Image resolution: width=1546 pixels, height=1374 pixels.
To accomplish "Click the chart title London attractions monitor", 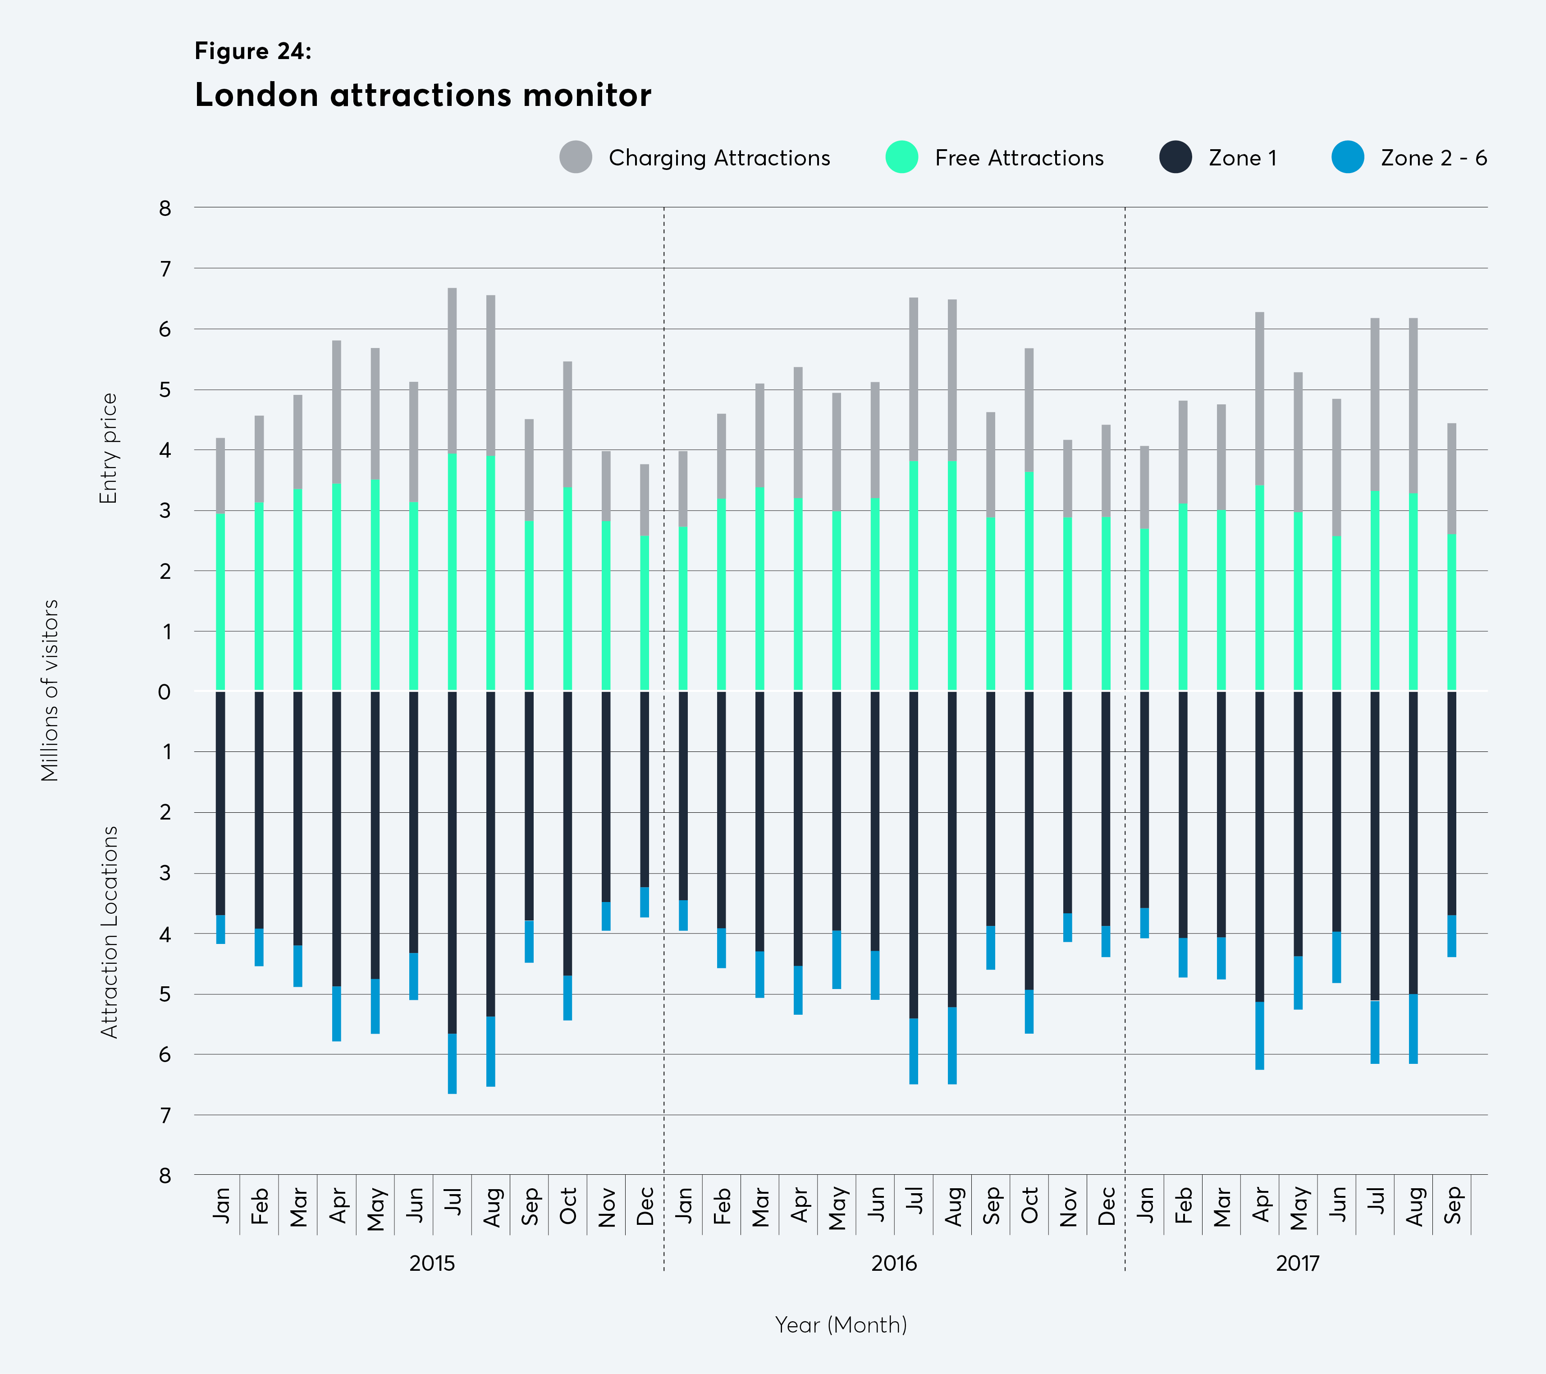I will pyautogui.click(x=423, y=95).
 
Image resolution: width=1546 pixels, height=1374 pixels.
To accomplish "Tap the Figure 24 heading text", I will pyautogui.click(x=252, y=50).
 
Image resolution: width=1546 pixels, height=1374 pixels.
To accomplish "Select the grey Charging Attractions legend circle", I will pyautogui.click(x=576, y=156).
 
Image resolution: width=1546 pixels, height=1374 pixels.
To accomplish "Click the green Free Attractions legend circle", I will pyautogui.click(x=901, y=156).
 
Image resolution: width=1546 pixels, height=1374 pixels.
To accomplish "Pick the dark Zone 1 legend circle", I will pyautogui.click(x=1176, y=156).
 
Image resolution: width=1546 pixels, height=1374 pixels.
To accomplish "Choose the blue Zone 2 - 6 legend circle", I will pyautogui.click(x=1347, y=156).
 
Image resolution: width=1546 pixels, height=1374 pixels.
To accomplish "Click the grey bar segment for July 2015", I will pyautogui.click(x=452, y=371).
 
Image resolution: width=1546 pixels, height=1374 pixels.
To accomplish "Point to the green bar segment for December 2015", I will pyautogui.click(x=645, y=613).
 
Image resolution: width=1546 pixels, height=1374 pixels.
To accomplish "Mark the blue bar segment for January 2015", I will pyautogui.click(x=221, y=929).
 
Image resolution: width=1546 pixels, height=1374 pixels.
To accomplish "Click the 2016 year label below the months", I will pyautogui.click(x=894, y=1263).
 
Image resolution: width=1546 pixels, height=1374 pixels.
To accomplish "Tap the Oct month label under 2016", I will pyautogui.click(x=1029, y=1205).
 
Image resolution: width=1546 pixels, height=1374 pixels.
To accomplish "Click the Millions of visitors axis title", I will pyautogui.click(x=50, y=690).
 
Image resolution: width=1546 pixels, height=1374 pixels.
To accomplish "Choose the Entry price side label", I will pyautogui.click(x=109, y=448).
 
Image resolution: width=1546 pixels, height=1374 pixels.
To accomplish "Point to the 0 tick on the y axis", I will pyautogui.click(x=164, y=692).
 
